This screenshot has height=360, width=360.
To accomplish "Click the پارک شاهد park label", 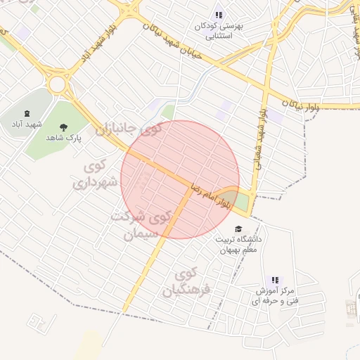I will [x=65, y=139].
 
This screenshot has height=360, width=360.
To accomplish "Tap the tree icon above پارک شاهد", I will [x=64, y=127].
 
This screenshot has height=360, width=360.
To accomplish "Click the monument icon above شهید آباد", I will [x=27, y=114].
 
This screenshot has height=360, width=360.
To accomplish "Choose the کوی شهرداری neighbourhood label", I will [x=93, y=176].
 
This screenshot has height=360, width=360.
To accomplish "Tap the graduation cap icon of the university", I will [x=238, y=229].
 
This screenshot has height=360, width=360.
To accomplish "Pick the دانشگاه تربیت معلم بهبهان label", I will [x=240, y=245].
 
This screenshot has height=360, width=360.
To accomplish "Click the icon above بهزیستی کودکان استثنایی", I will [x=219, y=15].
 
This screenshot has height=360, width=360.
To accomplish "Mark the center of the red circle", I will [x=180, y=179].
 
